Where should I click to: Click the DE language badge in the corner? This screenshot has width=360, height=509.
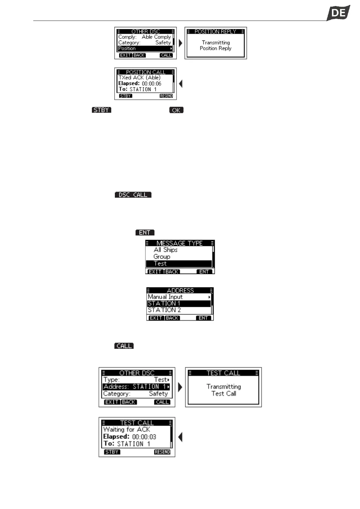point(338,13)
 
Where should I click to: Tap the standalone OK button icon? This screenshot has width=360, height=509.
point(176,110)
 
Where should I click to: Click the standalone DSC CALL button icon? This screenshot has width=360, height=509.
point(133,195)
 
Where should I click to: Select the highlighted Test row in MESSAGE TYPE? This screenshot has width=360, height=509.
point(179,264)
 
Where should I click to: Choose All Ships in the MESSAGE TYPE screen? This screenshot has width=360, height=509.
point(165,250)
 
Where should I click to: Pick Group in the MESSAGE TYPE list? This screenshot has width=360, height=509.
point(162,257)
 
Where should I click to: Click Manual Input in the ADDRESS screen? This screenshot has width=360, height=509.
point(165,297)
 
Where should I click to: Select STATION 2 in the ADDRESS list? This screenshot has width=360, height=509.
point(164,310)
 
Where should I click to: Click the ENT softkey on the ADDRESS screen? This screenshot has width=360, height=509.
point(203,318)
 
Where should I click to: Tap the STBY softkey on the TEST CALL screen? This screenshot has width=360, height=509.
point(112,452)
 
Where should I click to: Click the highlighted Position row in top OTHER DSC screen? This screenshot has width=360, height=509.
point(145,48)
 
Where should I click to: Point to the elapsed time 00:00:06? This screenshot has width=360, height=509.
point(151,84)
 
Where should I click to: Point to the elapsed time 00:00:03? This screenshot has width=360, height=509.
point(144,437)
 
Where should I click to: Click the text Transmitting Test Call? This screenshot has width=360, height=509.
point(224,390)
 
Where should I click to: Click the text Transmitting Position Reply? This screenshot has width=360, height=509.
point(216,45)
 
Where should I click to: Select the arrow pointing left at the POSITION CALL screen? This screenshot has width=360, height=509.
point(181,84)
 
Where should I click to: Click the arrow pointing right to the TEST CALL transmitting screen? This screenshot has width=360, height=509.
point(180,387)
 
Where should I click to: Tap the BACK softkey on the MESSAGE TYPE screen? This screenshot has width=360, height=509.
point(172,272)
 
